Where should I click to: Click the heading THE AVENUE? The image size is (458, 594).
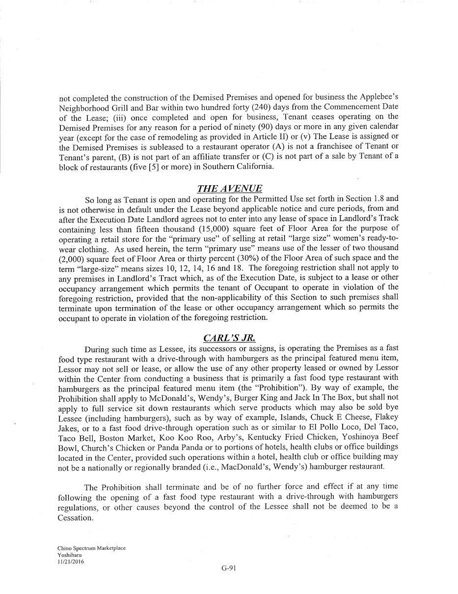click(x=229, y=189)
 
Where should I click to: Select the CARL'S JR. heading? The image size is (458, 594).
click(x=229, y=338)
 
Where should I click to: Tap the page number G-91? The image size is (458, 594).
click(x=229, y=568)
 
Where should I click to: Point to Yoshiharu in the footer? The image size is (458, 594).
click(x=70, y=555)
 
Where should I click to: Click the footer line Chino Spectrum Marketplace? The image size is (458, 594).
click(x=91, y=548)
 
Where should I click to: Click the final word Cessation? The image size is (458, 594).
click(x=76, y=517)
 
